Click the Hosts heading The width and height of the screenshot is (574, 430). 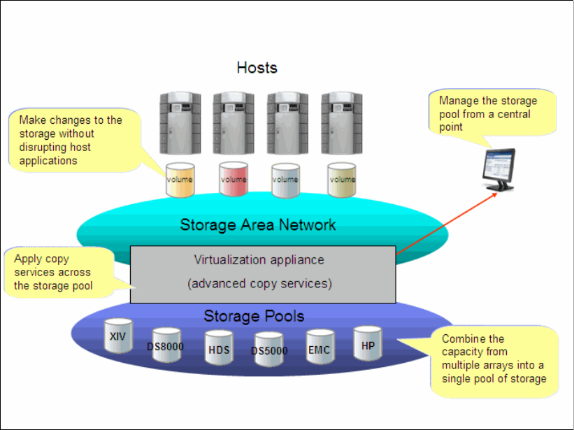click(x=257, y=68)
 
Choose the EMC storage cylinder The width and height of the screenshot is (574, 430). click(x=320, y=347)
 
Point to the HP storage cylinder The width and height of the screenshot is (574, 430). click(x=368, y=343)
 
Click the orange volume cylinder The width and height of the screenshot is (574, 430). click(x=179, y=180)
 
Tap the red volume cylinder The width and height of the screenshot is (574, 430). click(x=234, y=180)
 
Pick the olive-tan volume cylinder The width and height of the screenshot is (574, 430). click(x=342, y=180)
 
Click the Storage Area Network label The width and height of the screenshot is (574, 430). click(x=258, y=224)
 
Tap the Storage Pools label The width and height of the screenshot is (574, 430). click(x=254, y=316)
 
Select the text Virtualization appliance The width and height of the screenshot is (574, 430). click(x=259, y=260)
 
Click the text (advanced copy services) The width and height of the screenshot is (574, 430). click(x=259, y=284)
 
